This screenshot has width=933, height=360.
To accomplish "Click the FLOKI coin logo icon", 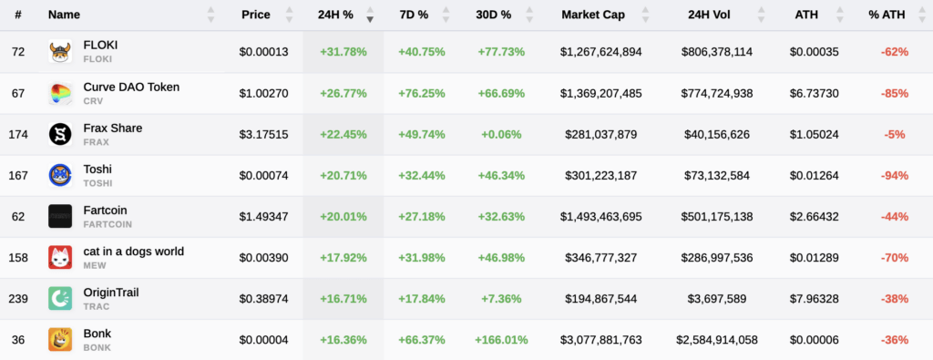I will click(60, 52).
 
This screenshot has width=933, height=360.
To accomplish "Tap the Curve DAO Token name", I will click(131, 87).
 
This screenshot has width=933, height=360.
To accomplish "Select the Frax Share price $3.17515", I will click(263, 135).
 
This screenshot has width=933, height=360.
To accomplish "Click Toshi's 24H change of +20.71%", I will click(343, 176).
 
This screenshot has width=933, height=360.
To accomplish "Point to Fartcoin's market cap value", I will click(600, 217).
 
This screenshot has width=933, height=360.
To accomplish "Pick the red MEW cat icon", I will click(60, 258).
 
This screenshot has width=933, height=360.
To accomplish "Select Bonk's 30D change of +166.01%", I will click(501, 340).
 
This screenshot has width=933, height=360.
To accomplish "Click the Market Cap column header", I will click(592, 15).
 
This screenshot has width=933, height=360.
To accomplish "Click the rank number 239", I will click(18, 299).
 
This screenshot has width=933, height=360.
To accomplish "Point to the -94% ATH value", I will click(895, 176).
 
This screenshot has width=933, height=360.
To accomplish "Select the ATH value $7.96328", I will click(811, 299).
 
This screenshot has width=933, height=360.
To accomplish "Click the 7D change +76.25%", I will click(422, 93).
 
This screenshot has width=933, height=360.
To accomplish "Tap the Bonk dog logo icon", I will click(60, 340).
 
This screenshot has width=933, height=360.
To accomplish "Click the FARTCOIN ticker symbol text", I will click(108, 224).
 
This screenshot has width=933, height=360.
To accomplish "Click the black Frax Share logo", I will click(60, 135).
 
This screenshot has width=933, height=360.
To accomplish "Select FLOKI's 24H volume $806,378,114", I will click(716, 52).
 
